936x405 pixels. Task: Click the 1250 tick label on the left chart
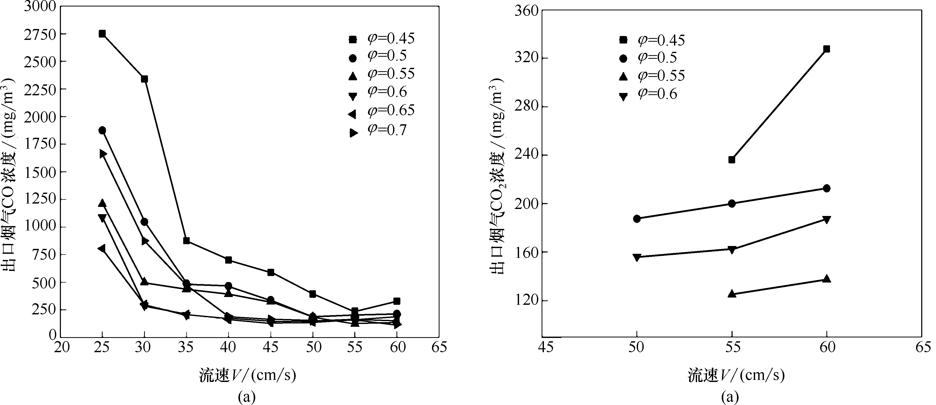coord(41,199)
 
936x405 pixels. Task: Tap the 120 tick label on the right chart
coord(526,301)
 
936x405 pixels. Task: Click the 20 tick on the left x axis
coord(61,347)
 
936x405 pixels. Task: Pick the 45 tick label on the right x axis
coord(546,347)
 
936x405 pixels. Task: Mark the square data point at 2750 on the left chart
coord(102,34)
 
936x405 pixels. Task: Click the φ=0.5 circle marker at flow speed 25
coord(102,131)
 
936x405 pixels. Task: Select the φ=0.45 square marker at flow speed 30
coord(144,79)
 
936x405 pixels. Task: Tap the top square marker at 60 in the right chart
coord(827,49)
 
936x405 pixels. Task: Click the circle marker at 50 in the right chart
coord(637,219)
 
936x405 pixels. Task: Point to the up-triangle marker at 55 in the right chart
coord(732,293)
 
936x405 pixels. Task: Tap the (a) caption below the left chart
coord(247,397)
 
